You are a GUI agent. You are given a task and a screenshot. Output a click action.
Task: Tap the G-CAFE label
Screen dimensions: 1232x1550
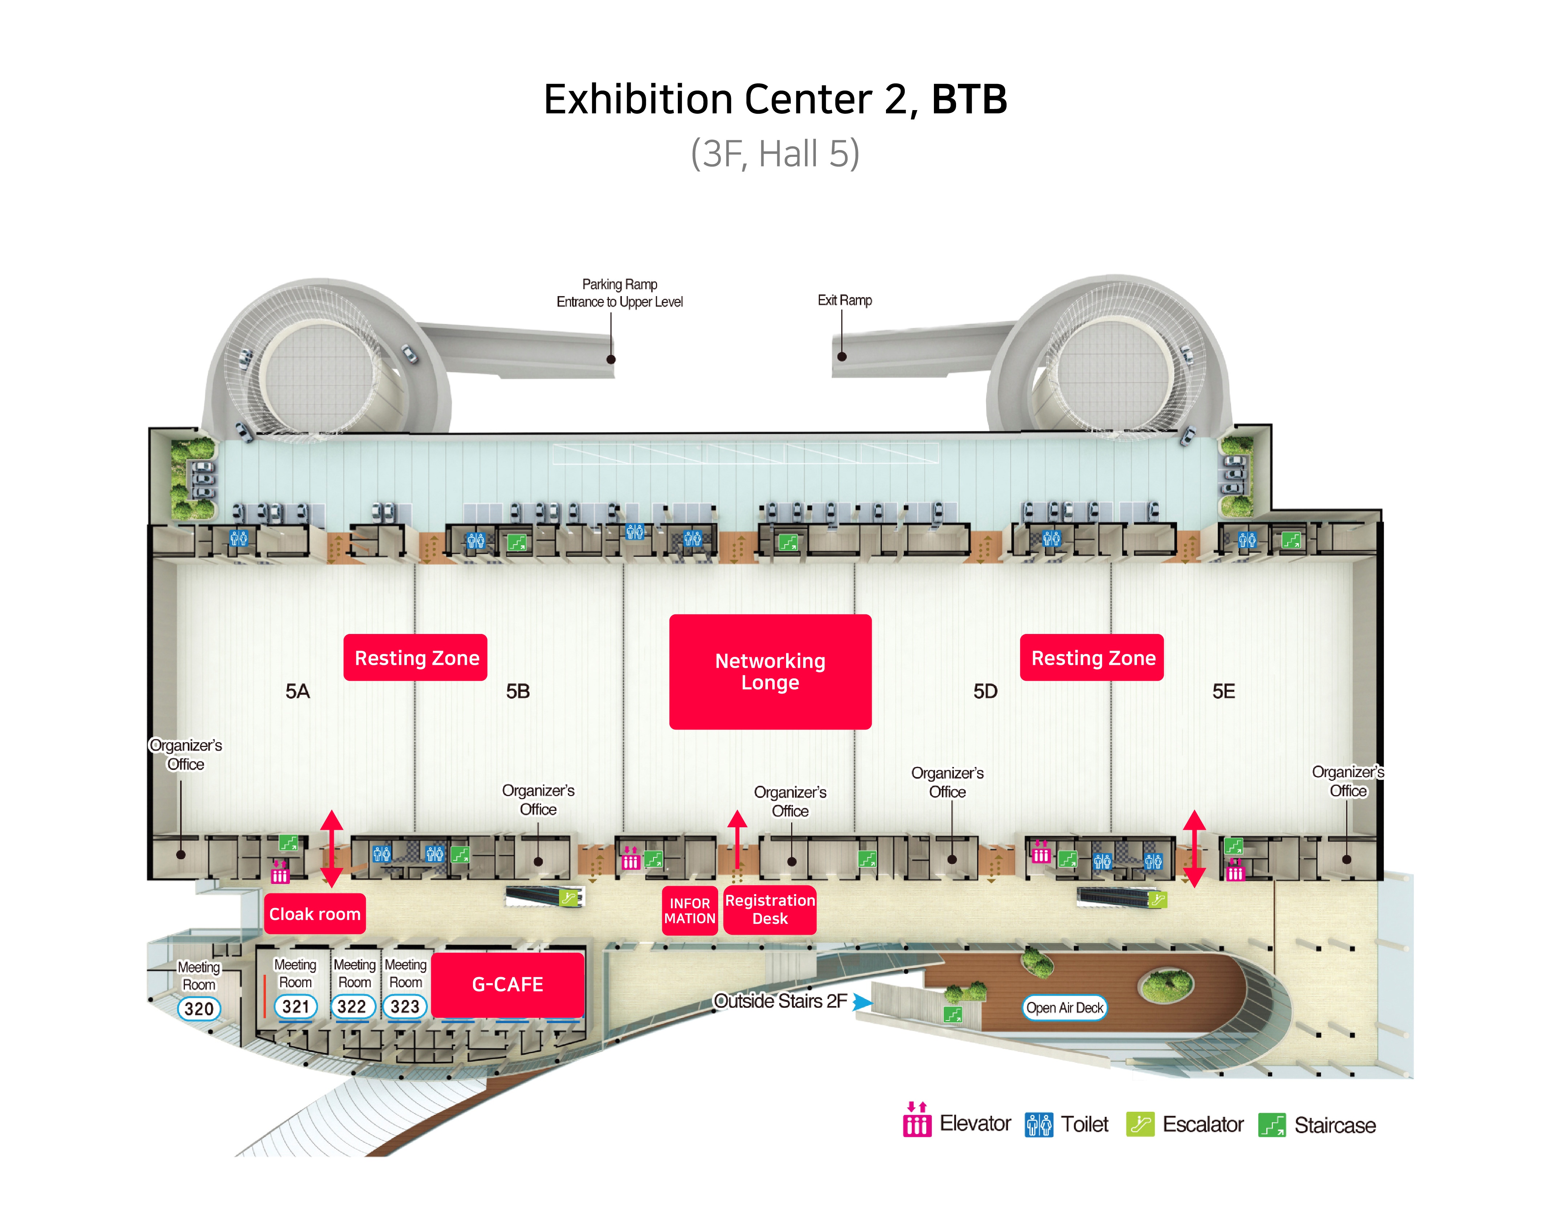tap(507, 984)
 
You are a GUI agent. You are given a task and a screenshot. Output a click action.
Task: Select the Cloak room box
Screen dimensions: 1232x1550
tap(314, 913)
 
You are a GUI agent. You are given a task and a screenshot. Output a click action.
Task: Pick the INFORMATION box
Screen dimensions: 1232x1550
tap(689, 910)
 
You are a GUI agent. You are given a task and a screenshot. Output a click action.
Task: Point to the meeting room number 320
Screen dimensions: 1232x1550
tap(198, 1008)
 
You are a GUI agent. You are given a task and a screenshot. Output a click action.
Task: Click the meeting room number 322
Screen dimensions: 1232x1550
tap(352, 1006)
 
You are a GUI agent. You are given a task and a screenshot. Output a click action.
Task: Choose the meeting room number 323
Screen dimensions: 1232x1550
tap(405, 1006)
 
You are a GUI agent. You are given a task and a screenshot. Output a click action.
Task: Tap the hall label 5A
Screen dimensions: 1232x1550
tap(297, 691)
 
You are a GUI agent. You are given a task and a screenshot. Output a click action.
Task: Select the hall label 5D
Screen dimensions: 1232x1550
tap(985, 691)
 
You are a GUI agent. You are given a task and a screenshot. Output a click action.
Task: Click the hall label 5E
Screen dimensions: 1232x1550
tap(1223, 691)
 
